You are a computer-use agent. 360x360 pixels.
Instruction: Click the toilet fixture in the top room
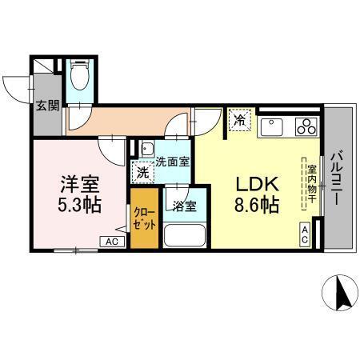point(79,78)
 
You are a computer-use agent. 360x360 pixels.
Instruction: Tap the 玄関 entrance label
point(47,105)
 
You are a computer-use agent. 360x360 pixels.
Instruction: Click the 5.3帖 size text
point(80,204)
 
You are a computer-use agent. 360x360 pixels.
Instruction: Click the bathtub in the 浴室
point(185,238)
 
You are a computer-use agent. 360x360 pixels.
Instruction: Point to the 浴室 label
point(185,206)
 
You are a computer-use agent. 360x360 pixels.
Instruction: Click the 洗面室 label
point(173,161)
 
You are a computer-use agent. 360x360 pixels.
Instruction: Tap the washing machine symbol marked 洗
point(142,172)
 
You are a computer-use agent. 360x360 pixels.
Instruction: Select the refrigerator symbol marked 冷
point(239,121)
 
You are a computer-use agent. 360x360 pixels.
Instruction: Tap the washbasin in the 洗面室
point(147,149)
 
